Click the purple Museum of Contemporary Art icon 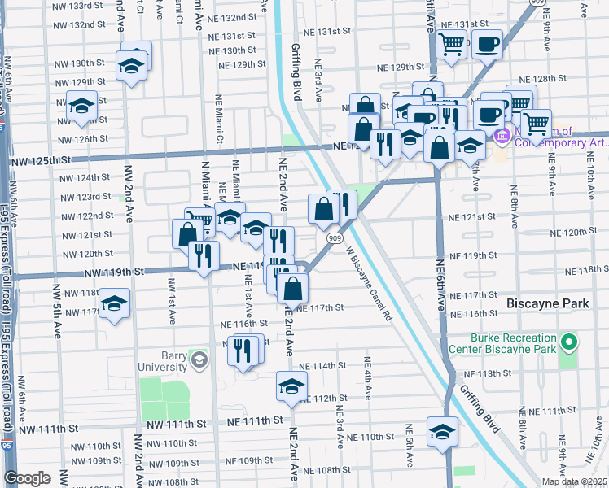(x=502, y=136)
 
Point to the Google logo (x=27, y=478)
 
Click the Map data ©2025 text (x=574, y=481)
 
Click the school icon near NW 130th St (x=130, y=66)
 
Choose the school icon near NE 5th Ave (x=442, y=430)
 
